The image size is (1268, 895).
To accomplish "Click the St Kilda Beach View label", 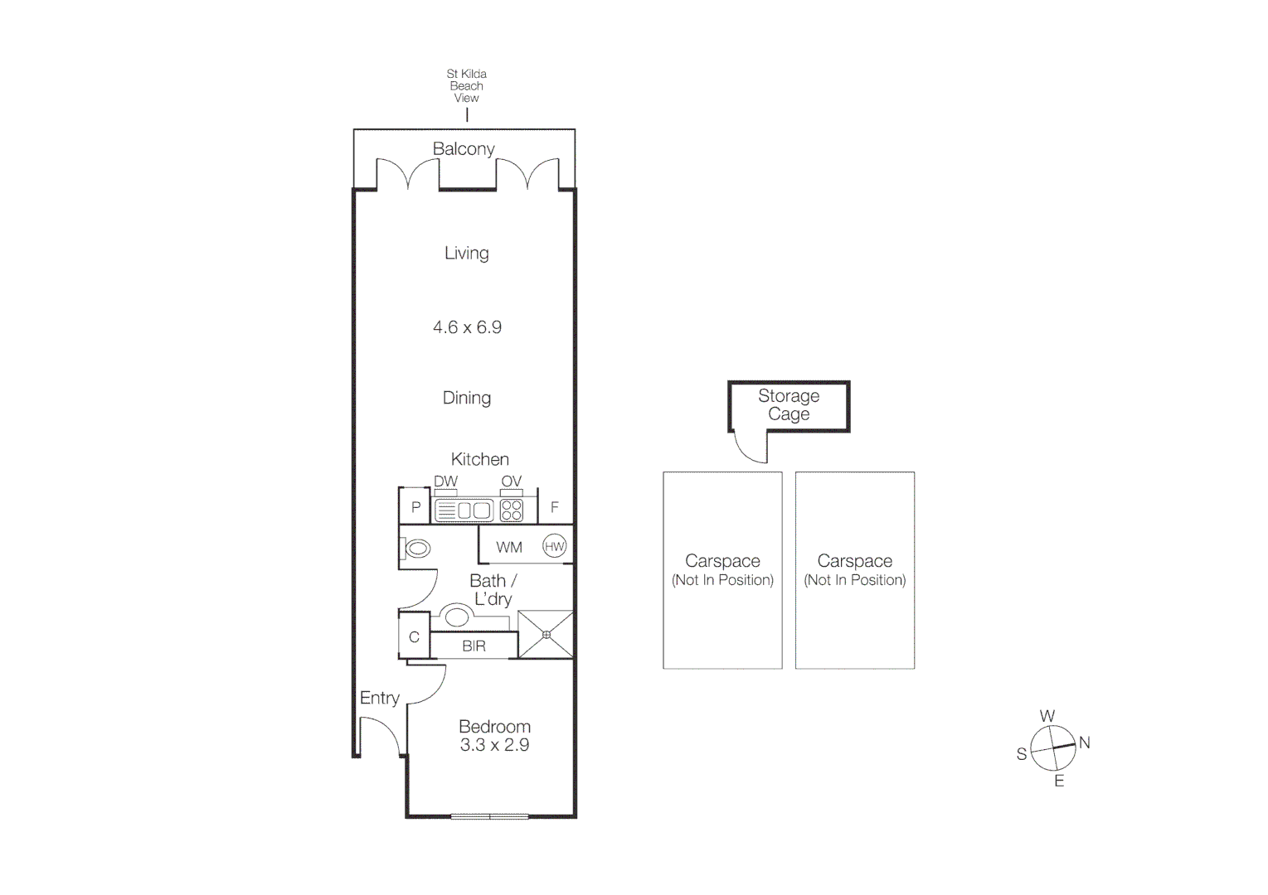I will point(466,85).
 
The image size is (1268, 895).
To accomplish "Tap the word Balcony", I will point(464,148).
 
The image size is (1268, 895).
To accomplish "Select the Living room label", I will point(466,253).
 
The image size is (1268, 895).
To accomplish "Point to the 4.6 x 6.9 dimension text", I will point(467,327).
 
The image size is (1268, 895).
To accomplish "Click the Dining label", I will point(466,398).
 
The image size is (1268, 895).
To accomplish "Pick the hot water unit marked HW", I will point(554,546).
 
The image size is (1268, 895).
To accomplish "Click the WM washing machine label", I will point(509,547).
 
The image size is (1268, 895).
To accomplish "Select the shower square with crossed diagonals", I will point(546,635).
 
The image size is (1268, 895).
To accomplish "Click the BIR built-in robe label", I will point(474,646).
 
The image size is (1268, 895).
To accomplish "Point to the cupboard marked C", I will point(414,637).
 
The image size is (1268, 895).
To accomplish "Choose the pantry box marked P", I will point(415,507).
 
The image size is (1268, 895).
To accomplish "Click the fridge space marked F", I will point(555,507).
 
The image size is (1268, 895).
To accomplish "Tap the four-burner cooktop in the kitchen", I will point(512,510).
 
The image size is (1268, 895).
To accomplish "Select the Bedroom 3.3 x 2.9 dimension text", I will point(494,745).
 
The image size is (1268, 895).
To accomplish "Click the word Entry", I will point(379,698).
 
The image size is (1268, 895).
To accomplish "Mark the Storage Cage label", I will point(788,405).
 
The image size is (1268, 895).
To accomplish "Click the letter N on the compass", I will point(1084,743).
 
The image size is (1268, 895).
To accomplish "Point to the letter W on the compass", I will point(1047,716).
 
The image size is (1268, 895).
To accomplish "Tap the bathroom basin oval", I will point(456,617).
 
